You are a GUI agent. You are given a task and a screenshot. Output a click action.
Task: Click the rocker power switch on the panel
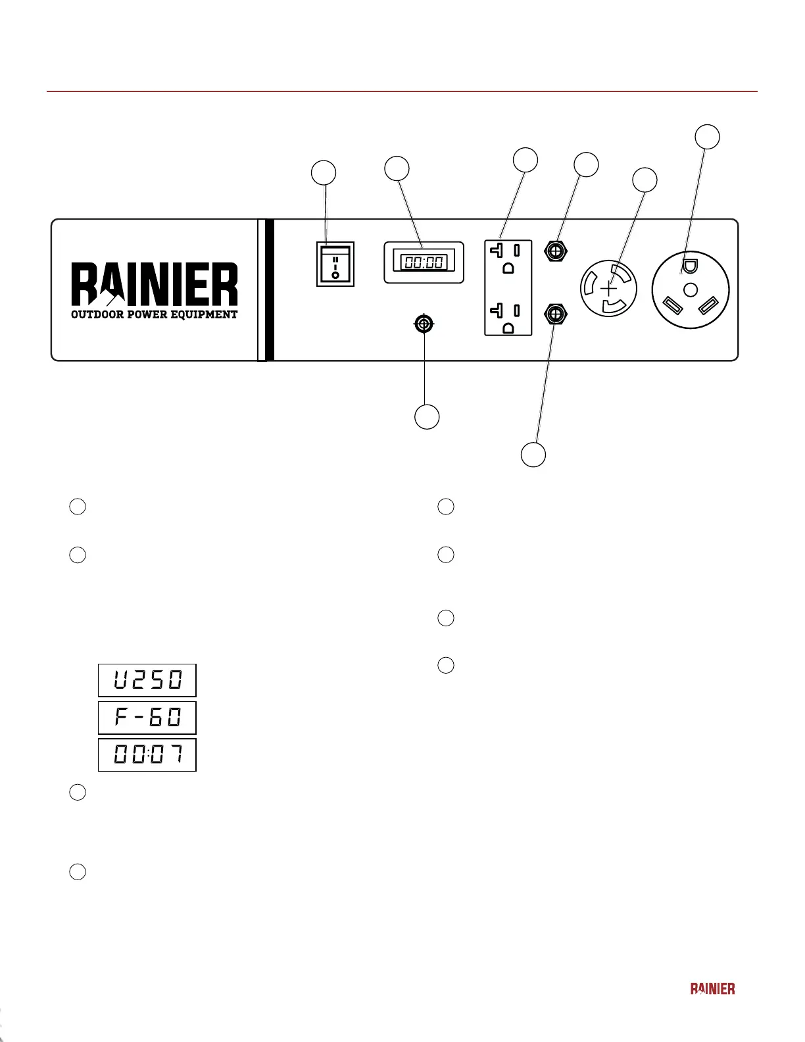[335, 264]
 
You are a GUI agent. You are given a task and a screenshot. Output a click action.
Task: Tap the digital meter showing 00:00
[424, 262]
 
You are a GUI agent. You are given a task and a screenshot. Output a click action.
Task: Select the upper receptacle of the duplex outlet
[508, 259]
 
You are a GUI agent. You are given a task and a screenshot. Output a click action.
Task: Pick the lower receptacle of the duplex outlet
[508, 317]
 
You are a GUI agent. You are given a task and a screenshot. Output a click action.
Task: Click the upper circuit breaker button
[557, 251]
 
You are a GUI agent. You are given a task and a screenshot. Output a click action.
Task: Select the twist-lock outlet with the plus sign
[609, 289]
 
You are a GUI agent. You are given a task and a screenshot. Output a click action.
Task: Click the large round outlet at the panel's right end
[691, 289]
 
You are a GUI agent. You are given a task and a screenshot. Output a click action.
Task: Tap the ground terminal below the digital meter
[424, 324]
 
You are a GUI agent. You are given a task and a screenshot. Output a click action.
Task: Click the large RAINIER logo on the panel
[155, 284]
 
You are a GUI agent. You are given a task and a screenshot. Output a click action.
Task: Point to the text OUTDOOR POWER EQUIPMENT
[155, 314]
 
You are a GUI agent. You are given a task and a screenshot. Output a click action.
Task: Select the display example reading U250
[147, 680]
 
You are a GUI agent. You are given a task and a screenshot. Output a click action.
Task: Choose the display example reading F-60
[147, 718]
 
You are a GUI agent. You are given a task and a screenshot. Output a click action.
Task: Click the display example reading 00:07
[147, 755]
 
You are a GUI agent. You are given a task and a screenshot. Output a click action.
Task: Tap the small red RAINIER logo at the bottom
[712, 988]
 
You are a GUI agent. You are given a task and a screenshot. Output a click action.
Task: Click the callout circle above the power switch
[324, 172]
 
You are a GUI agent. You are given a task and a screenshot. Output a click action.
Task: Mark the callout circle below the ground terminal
[427, 416]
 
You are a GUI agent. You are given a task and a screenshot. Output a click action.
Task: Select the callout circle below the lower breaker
[533, 455]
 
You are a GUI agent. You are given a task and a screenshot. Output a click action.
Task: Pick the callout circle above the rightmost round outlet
[708, 137]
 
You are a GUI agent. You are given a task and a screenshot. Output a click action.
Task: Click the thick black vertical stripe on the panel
[269, 289]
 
